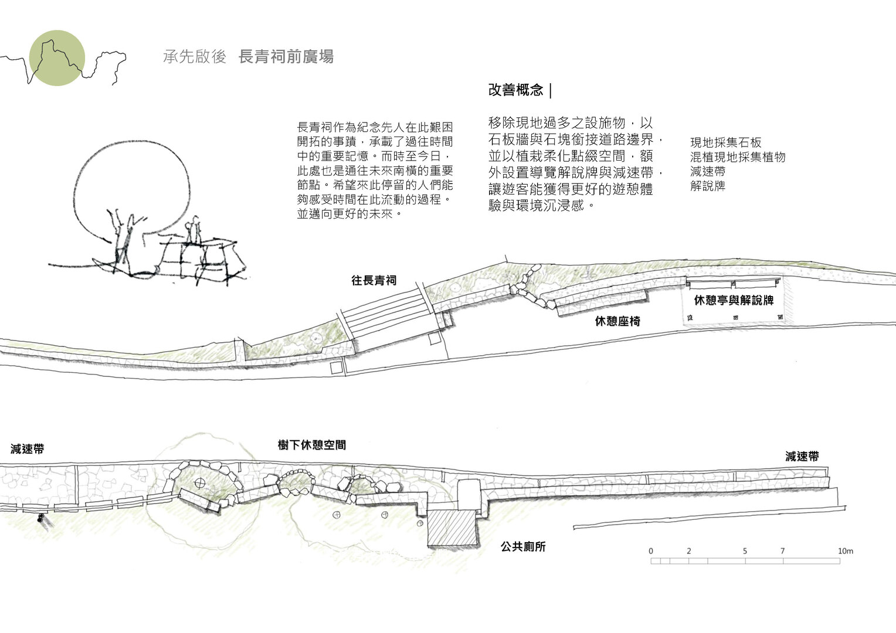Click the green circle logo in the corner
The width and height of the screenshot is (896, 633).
click(57, 59)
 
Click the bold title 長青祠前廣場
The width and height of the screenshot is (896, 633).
click(287, 57)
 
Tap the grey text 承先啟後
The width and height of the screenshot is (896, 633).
click(195, 57)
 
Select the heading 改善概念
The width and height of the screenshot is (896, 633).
click(516, 90)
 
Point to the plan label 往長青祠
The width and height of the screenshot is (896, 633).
click(374, 281)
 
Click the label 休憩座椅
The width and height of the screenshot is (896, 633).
click(617, 321)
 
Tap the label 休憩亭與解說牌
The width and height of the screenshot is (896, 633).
click(734, 301)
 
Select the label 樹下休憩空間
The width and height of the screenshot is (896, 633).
click(312, 445)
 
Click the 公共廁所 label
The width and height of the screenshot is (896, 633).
click(523, 547)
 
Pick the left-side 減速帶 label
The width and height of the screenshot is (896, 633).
click(27, 450)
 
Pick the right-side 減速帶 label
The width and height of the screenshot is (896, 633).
click(802, 457)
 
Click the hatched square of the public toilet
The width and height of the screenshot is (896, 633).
click(452, 527)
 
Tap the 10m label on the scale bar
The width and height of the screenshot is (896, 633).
click(846, 552)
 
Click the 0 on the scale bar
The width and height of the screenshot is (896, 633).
click(651, 552)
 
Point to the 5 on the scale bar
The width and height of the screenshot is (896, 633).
click(745, 552)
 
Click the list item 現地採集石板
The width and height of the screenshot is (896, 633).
click(725, 142)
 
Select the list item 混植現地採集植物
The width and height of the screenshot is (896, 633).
click(738, 157)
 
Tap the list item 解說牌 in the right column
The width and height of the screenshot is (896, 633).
click(708, 186)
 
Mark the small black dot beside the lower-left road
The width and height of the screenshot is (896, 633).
click(40, 518)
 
